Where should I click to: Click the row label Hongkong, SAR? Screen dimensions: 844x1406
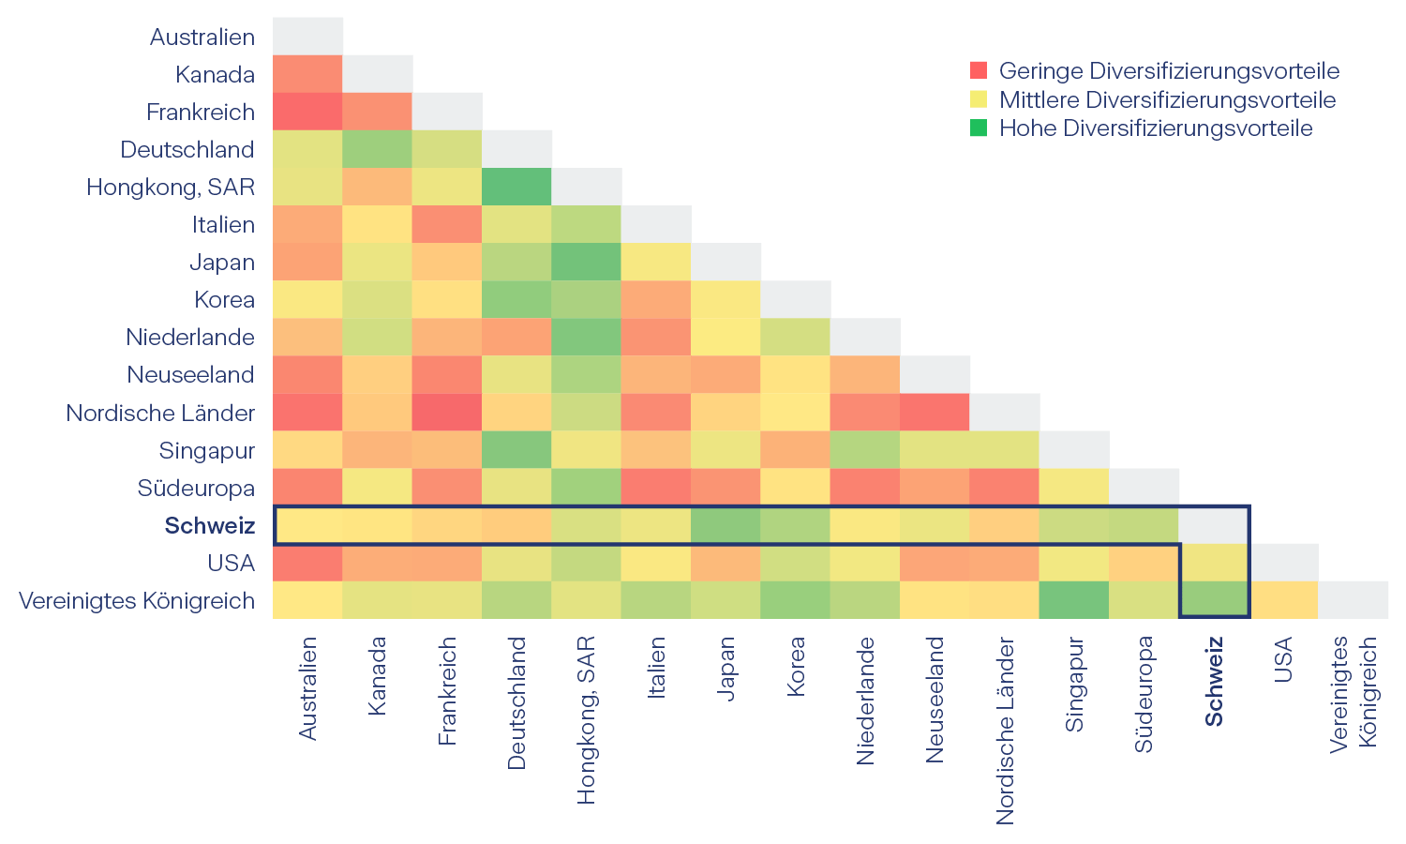[171, 187]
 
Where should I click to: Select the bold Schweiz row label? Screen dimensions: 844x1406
[210, 525]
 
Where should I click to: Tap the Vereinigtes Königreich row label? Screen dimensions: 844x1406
[137, 600]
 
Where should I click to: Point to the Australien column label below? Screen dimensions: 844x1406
[308, 688]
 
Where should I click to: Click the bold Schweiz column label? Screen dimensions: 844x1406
[1214, 682]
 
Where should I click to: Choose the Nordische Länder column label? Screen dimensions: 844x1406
[1005, 731]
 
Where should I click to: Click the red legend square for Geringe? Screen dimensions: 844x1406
[979, 70]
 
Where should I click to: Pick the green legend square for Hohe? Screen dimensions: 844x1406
[979, 128]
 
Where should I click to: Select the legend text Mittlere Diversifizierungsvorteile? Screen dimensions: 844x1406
[1167, 99]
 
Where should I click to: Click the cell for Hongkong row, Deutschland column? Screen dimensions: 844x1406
[517, 187]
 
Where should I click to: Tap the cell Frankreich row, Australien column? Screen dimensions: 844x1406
[308, 112]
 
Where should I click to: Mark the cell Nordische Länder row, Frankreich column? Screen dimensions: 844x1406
[447, 413]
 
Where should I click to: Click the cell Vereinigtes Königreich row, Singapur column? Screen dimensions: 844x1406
[1074, 600]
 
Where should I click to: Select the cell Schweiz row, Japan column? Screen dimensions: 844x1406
[726, 525]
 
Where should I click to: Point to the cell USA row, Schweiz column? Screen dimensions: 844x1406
[1214, 563]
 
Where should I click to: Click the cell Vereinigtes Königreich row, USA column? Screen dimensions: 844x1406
[1283, 600]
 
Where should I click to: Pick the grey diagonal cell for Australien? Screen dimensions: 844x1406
[308, 37]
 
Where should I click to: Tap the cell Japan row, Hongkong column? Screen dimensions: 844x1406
[587, 262]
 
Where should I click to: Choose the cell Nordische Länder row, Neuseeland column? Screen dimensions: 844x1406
[935, 413]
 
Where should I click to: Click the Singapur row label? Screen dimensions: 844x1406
[207, 450]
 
